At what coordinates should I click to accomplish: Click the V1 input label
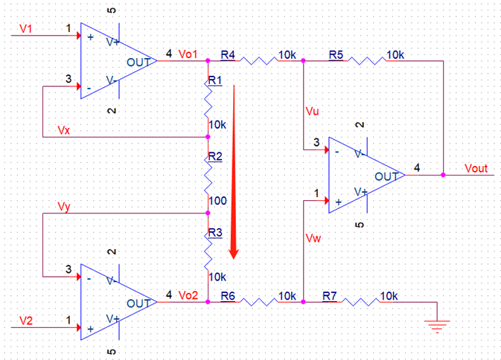(x=26, y=28)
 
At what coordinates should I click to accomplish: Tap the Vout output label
(x=475, y=169)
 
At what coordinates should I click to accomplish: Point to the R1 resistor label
(x=215, y=80)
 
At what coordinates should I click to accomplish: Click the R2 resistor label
(x=215, y=156)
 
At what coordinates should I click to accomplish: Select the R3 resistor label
(x=215, y=232)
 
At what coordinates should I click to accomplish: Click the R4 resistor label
(x=228, y=55)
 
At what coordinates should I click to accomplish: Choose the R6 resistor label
(x=228, y=295)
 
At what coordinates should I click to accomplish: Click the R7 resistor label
(x=330, y=295)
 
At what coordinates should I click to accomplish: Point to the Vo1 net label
(x=188, y=55)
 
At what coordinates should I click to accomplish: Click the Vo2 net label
(x=188, y=295)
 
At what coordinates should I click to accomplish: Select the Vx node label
(x=66, y=130)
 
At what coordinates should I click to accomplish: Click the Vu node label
(x=312, y=112)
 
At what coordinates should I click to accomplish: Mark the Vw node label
(x=313, y=237)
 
